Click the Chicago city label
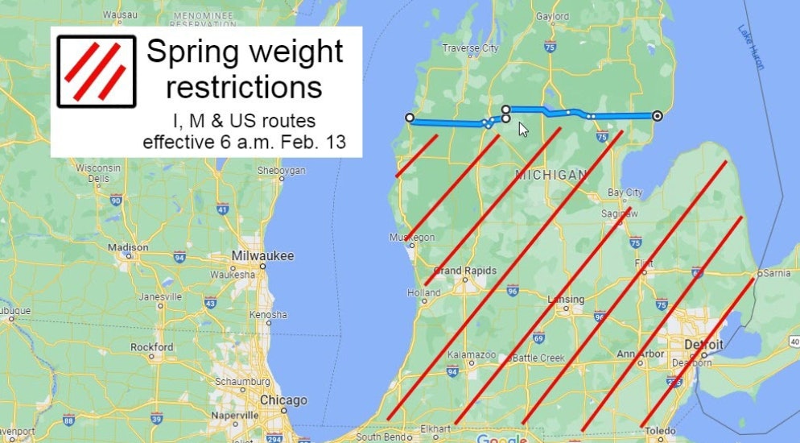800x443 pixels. tap(282, 400)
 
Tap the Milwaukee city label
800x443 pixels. tap(262, 256)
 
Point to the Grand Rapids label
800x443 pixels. tap(465, 271)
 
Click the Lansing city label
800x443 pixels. tap(566, 300)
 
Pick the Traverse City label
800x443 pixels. tap(471, 48)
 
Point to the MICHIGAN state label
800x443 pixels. tap(551, 175)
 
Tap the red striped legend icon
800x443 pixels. tap(96, 72)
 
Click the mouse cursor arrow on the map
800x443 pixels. tap(523, 129)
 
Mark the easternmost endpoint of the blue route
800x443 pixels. tap(658, 116)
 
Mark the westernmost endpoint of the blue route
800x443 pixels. tap(410, 118)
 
